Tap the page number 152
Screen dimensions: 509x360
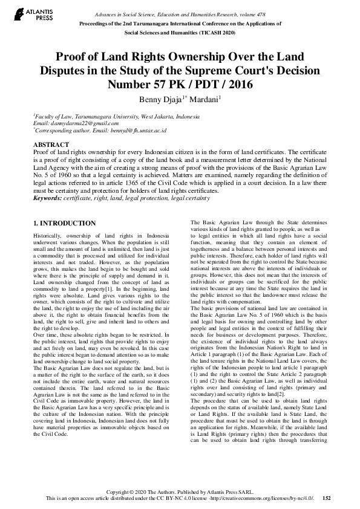click(x=327, y=498)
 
